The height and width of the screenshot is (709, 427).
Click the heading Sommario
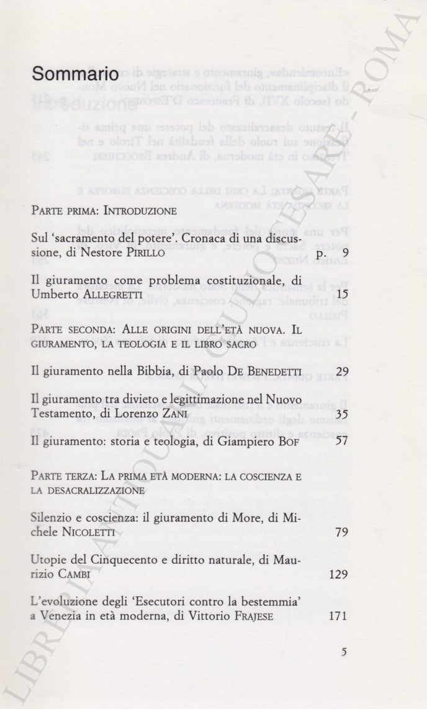point(75,74)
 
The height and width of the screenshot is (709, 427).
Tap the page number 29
point(340,372)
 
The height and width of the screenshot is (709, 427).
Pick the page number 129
point(337,574)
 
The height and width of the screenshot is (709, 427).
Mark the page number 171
point(337,616)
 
